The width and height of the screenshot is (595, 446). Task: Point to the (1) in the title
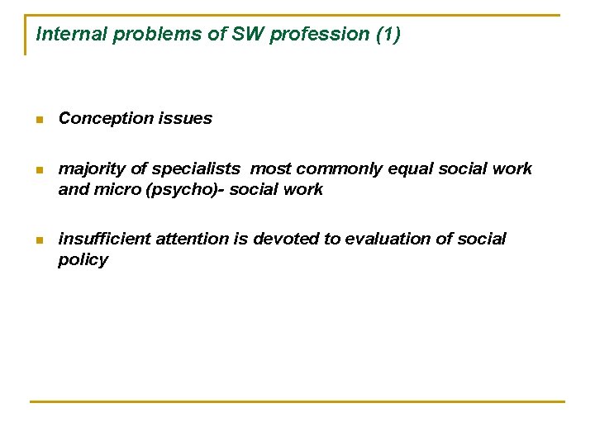point(387,35)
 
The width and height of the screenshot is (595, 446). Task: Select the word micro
point(110,190)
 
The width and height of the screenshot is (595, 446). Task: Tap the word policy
point(83,261)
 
